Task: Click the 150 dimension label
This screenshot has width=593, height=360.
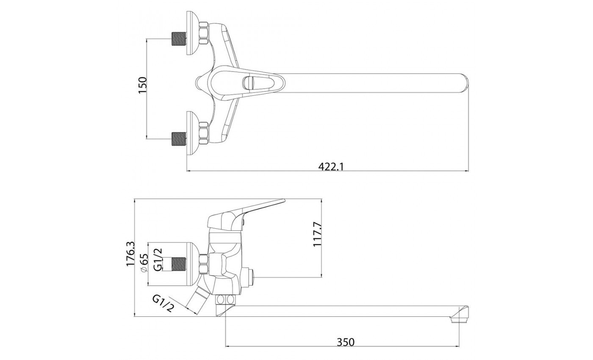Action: click(142, 88)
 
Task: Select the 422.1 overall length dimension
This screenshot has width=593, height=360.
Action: click(331, 166)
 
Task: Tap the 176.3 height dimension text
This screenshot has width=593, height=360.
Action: click(130, 254)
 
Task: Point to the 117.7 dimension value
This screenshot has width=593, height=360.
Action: click(318, 234)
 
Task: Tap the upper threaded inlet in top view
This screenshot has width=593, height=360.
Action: click(179, 39)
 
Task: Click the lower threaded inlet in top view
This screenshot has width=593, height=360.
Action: click(179, 138)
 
